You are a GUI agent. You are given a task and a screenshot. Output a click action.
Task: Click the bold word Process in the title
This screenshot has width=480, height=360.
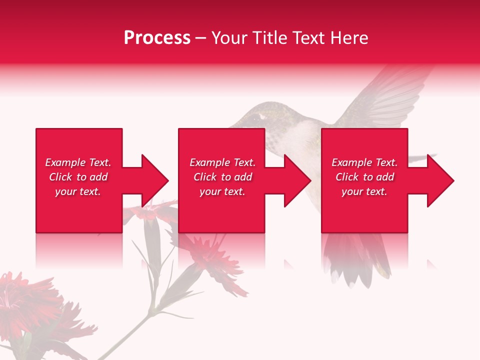(x=157, y=38)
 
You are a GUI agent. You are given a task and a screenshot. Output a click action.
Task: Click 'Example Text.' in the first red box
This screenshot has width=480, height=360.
(x=78, y=162)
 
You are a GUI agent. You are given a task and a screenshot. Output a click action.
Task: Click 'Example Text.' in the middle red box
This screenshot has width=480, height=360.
(x=222, y=162)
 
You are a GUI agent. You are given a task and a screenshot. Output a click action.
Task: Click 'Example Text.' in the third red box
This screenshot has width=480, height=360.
(x=364, y=162)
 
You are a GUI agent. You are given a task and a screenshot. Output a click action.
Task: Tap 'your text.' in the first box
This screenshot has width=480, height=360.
(x=78, y=191)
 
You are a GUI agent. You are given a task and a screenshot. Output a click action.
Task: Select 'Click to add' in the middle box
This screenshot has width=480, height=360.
(x=222, y=177)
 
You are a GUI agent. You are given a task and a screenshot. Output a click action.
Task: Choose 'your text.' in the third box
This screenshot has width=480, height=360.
(x=364, y=191)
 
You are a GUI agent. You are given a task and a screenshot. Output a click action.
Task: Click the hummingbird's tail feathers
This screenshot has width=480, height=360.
(x=360, y=260)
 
